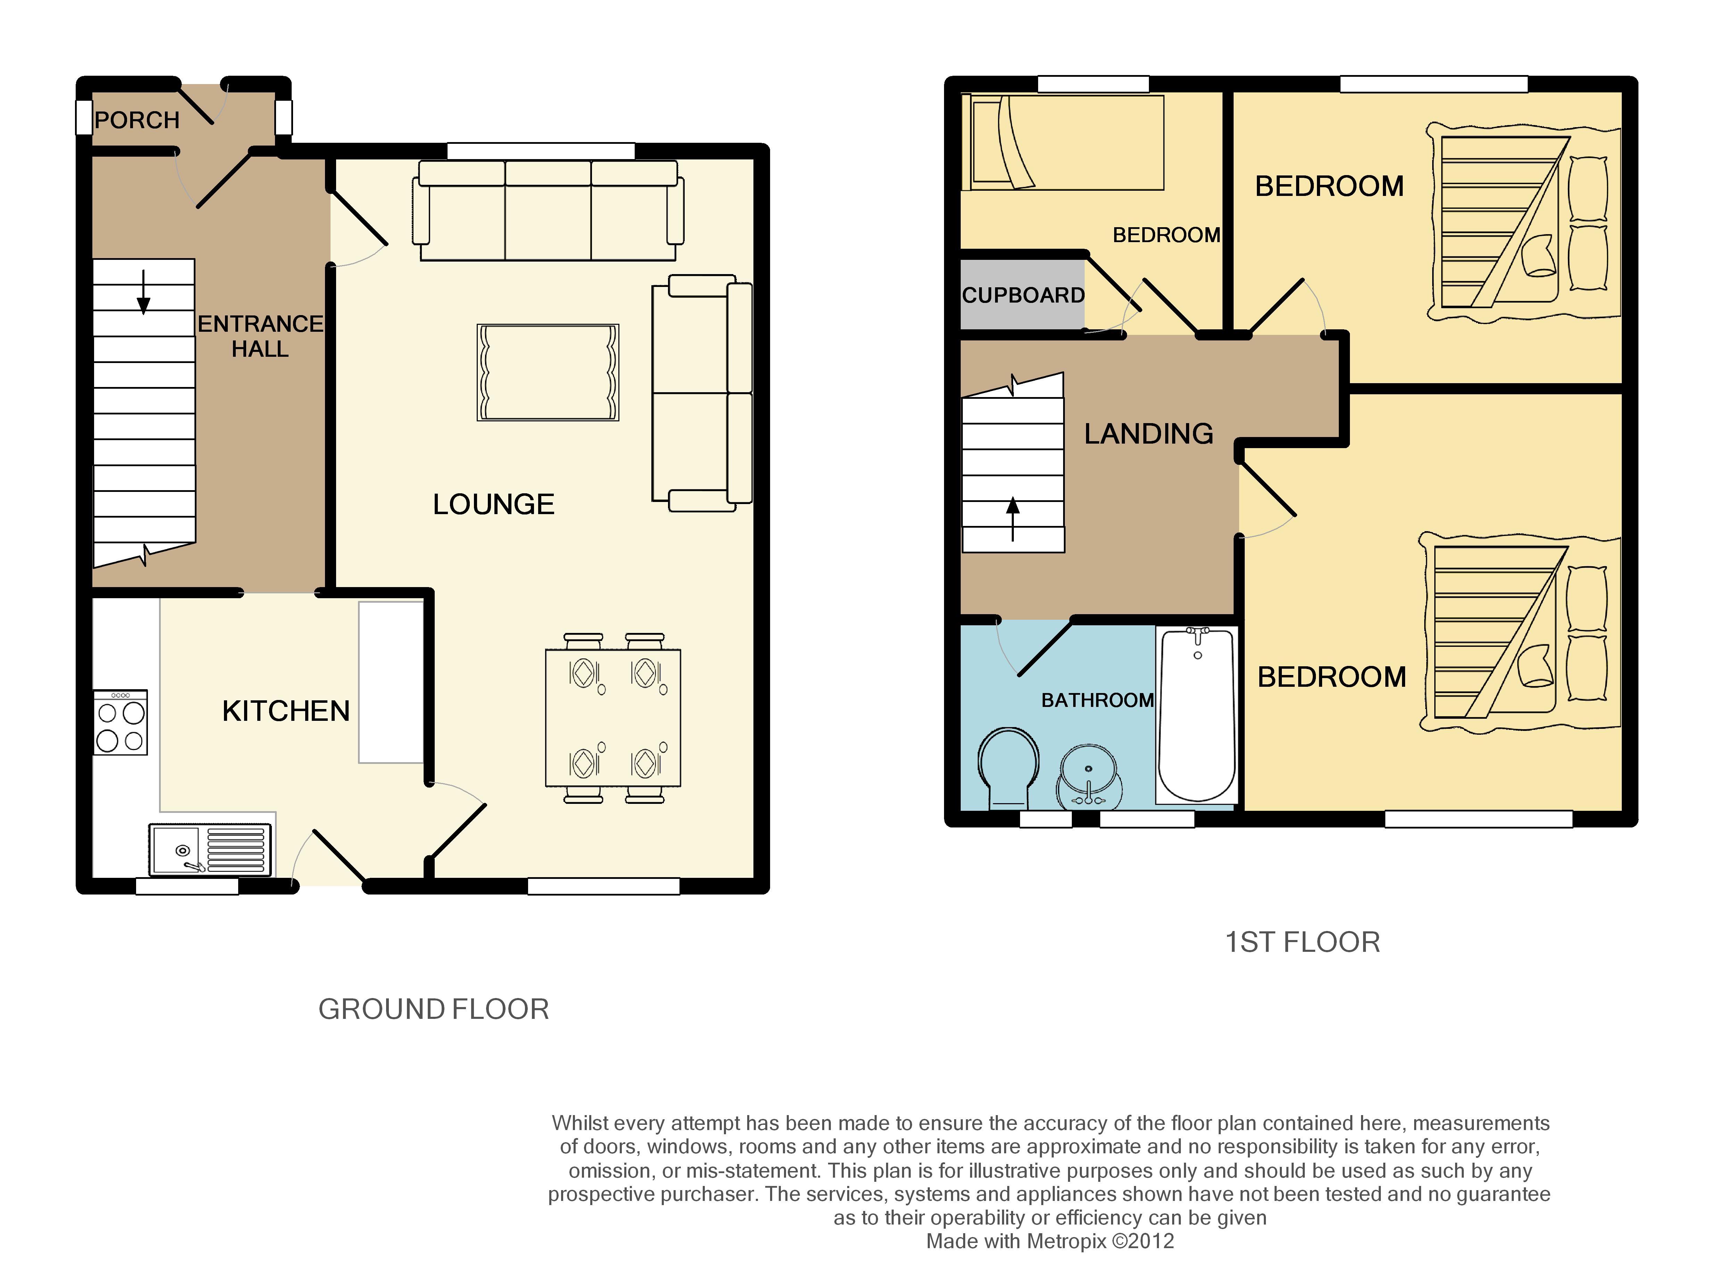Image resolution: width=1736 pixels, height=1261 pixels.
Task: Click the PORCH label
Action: click(x=137, y=120)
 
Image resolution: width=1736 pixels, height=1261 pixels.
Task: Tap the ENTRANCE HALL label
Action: click(x=260, y=336)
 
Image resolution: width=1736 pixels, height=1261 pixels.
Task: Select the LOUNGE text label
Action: click(x=494, y=504)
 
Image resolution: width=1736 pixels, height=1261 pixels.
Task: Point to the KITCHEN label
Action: click(x=285, y=711)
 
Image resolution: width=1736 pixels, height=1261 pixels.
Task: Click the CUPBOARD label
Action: click(x=1024, y=296)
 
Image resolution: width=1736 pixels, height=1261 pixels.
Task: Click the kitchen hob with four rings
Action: click(x=120, y=723)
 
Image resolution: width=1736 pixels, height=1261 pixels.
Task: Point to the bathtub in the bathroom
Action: click(x=1196, y=715)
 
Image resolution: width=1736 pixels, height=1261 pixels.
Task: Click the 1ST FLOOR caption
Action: click(x=1303, y=942)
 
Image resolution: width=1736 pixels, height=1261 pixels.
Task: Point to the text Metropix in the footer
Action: click(x=1066, y=1241)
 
